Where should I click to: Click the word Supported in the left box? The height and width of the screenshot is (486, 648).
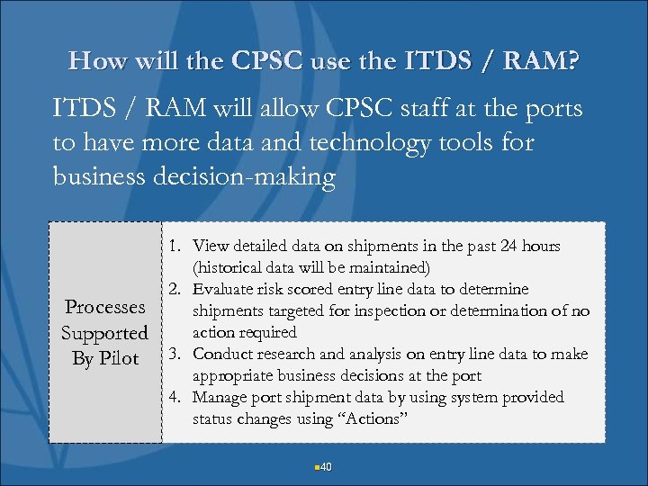click(104, 333)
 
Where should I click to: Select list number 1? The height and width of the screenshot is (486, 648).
click(175, 246)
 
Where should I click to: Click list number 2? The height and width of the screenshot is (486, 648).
click(175, 289)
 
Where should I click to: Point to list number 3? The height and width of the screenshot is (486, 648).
click(175, 354)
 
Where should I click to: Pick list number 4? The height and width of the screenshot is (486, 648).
click(175, 397)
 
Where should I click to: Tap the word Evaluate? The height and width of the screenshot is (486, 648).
click(222, 289)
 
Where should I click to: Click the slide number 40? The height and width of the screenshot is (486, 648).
click(326, 466)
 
